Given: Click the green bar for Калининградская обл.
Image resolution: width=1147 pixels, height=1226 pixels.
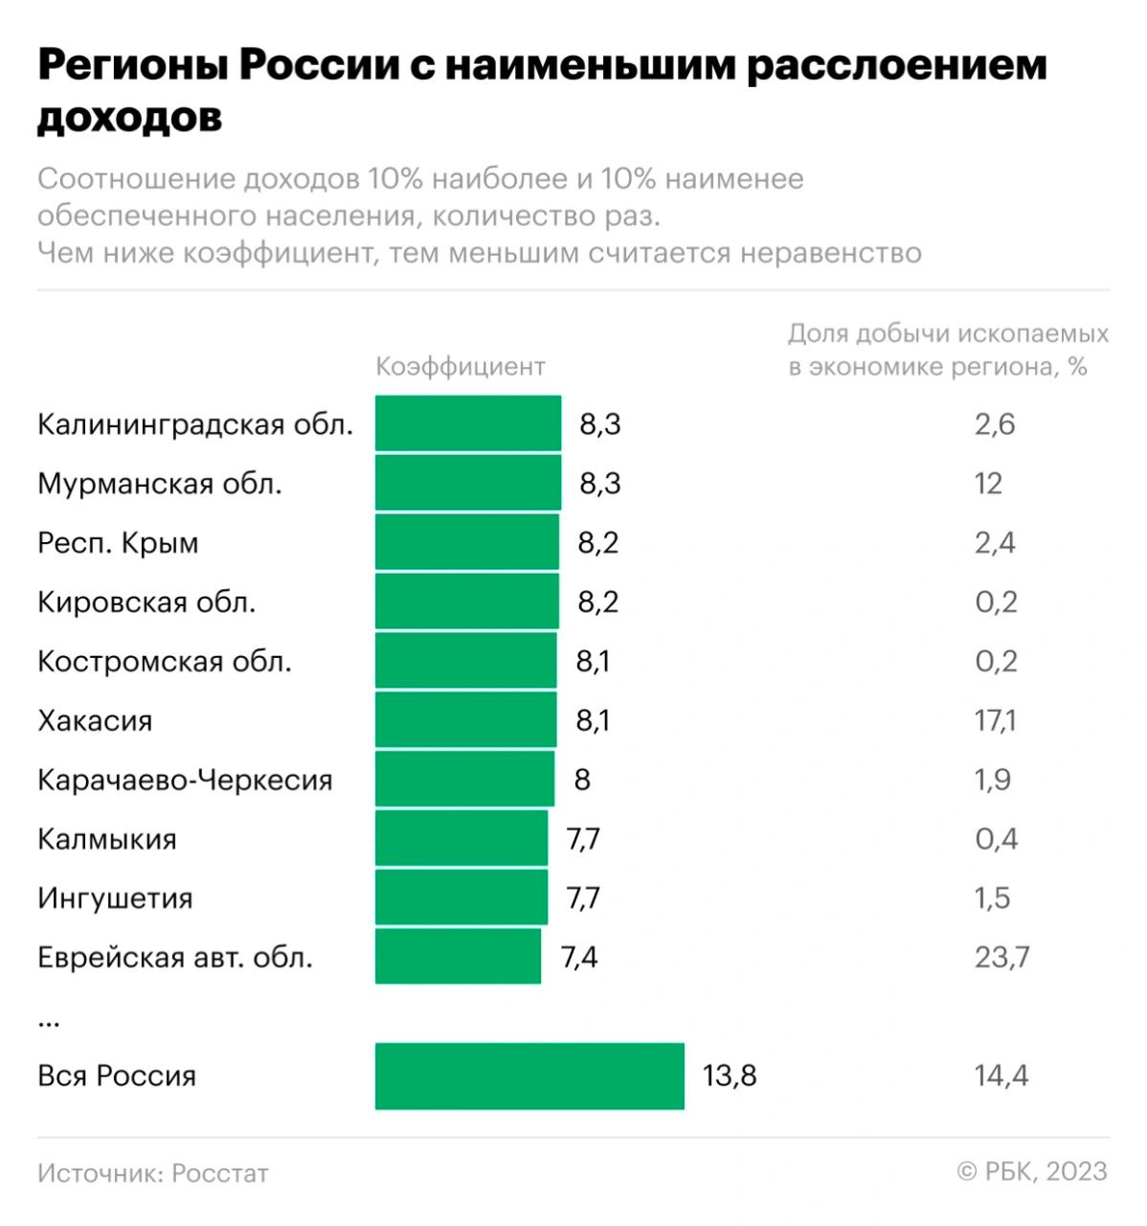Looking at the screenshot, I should pyautogui.click(x=467, y=423).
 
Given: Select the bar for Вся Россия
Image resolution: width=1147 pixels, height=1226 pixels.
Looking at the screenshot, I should pyautogui.click(x=529, y=1076).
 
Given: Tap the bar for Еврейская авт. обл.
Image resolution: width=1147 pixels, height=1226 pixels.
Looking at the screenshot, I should pyautogui.click(x=458, y=956).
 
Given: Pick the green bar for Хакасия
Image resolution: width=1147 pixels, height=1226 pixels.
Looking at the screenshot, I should pyautogui.click(x=465, y=719).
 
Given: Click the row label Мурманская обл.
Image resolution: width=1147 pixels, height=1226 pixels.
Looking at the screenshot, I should pyautogui.click(x=159, y=484).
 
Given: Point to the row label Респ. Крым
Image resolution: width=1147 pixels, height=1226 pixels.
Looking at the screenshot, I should pyautogui.click(x=118, y=543).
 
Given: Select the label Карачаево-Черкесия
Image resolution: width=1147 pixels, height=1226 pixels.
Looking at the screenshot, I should pyautogui.click(x=185, y=780).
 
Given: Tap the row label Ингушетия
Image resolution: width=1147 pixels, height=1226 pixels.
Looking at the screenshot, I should pyautogui.click(x=115, y=898).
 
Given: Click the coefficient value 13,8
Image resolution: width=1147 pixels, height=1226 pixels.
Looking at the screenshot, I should pyautogui.click(x=729, y=1076).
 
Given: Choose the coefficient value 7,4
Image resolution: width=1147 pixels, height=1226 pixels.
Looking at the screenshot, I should pyautogui.click(x=578, y=957).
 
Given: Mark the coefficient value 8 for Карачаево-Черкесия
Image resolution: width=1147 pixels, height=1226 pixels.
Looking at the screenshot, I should pyautogui.click(x=582, y=780).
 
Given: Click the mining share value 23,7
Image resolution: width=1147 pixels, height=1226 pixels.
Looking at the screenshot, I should pyautogui.click(x=1001, y=957).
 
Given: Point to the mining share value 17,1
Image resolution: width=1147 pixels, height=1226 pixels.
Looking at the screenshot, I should pyautogui.click(x=995, y=720).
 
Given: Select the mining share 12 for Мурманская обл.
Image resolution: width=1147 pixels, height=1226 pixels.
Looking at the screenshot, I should pyautogui.click(x=988, y=484).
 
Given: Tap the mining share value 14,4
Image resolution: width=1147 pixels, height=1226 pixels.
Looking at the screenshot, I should pyautogui.click(x=1001, y=1076).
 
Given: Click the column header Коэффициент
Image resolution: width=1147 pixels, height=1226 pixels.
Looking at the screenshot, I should pyautogui.click(x=460, y=367).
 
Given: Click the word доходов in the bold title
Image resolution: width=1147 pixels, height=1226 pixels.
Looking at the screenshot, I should pyautogui.click(x=129, y=117).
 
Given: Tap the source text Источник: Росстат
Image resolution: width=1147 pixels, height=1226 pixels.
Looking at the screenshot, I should pyautogui.click(x=153, y=1173).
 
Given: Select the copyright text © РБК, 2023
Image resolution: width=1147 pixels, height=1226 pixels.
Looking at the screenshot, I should pyautogui.click(x=1032, y=1171).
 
